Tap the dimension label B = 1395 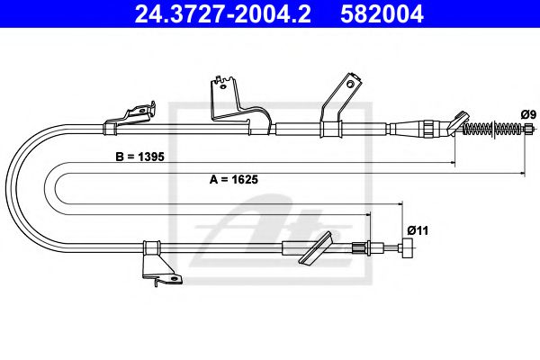point(141,156)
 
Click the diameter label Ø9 point(528,114)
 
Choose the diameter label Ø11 point(416,229)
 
